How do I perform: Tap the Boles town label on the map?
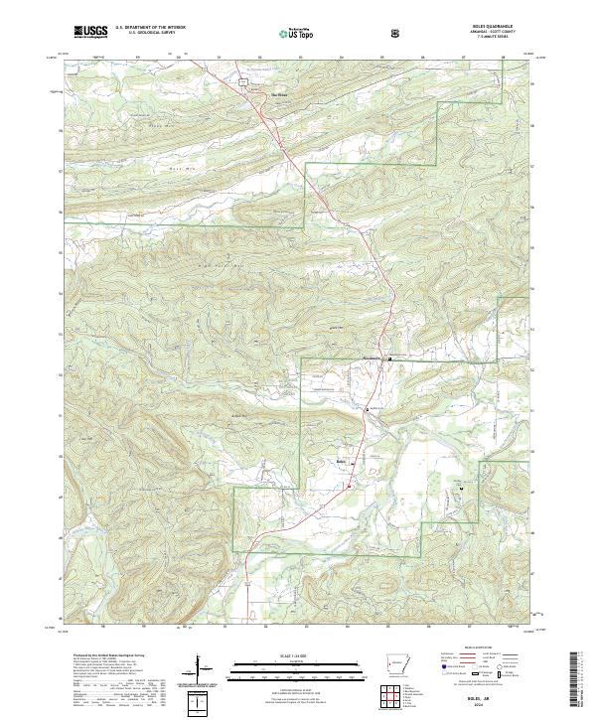point(342,460)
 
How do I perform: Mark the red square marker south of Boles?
point(350,486)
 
